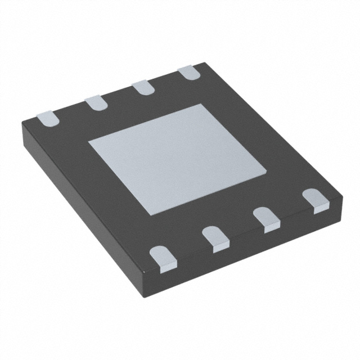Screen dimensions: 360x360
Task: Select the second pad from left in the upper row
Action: [x=96, y=102]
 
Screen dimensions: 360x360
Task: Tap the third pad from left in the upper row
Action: [x=143, y=87]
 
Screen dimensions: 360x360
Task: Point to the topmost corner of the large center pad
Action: [x=201, y=104]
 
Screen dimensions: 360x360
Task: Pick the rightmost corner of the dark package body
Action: [x=343, y=196]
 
